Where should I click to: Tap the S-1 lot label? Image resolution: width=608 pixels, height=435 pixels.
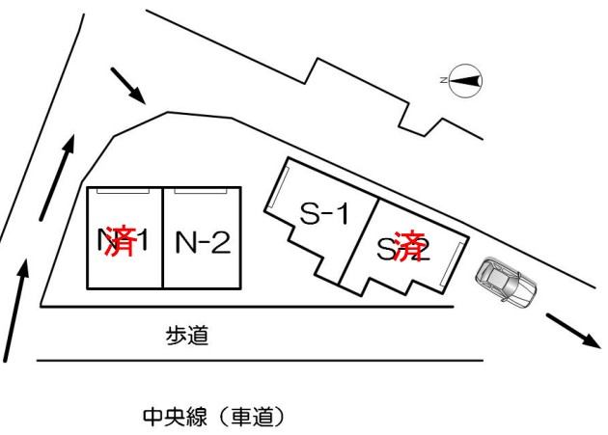click(323, 214)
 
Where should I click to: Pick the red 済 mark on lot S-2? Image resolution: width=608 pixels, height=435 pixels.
click(411, 245)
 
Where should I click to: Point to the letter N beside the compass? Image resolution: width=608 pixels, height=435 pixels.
click(443, 81)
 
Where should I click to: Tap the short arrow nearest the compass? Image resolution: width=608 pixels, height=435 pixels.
click(127, 85)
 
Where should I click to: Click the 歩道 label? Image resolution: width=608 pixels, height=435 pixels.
click(186, 337)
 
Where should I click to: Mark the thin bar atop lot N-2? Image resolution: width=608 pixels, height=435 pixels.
click(202, 191)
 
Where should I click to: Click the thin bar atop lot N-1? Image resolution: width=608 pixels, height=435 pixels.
click(123, 191)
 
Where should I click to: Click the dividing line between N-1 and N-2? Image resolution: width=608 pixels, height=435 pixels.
click(162, 237)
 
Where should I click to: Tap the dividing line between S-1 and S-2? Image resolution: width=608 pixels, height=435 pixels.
click(357, 242)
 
